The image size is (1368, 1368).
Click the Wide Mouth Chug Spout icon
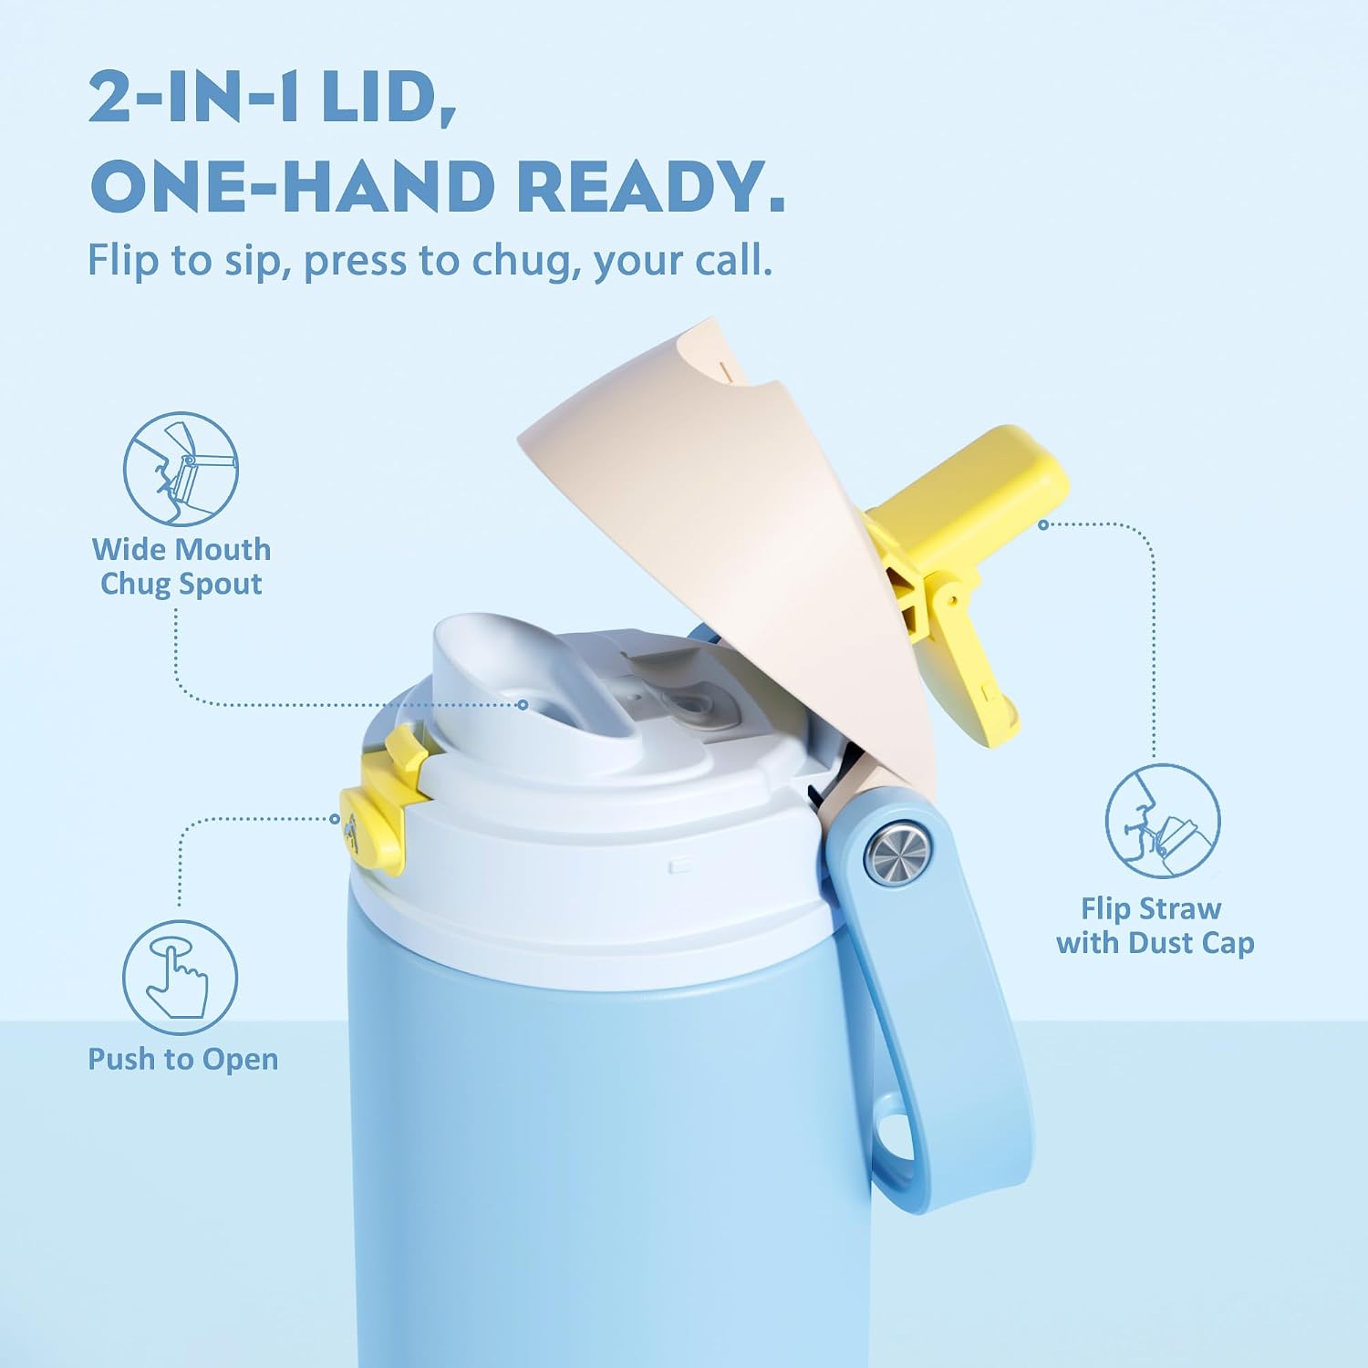(x=181, y=469)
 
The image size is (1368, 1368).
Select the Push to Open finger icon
(x=181, y=977)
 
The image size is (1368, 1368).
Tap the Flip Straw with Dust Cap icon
(x=1163, y=822)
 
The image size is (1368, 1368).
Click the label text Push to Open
(x=182, y=1060)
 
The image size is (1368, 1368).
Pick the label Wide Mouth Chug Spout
(x=181, y=566)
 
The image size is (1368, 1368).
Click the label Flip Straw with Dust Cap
(x=1155, y=926)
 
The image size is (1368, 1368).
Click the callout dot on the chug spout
(x=523, y=705)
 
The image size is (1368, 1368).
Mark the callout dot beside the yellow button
(x=336, y=819)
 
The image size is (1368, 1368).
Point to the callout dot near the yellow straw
(x=1044, y=524)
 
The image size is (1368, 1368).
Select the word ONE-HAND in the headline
(x=293, y=186)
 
